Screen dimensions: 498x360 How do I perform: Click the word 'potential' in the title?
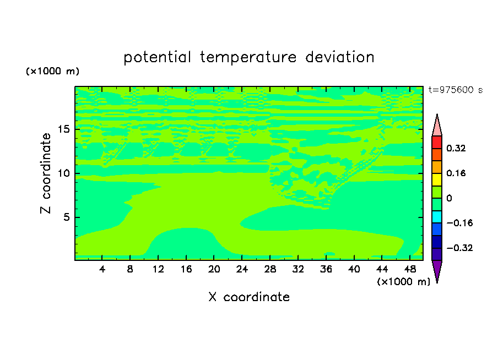coord(157,57)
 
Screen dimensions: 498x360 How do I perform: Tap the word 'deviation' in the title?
coord(340,57)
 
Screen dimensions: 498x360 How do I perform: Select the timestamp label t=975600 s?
coord(456,90)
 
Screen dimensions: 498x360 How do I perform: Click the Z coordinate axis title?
coord(45,173)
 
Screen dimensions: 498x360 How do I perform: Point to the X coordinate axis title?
coord(249,297)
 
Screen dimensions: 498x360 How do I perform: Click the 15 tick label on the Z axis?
coord(64,129)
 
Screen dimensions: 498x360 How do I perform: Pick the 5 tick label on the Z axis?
coord(67,217)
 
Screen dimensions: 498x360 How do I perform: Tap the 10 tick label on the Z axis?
coord(64,173)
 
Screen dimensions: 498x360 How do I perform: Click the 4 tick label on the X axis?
coord(102,269)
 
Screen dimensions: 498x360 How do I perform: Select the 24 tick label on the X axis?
coord(242,269)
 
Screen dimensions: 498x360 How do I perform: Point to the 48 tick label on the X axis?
coord(410,269)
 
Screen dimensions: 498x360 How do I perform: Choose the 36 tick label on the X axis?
coord(326,269)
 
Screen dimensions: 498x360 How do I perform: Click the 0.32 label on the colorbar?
coord(456,148)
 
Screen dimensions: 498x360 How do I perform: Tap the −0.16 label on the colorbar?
coord(459,223)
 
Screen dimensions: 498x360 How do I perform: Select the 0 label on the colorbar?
coord(449,198)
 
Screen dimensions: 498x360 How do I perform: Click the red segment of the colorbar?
coord(437,142)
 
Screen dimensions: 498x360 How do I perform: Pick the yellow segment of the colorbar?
coord(437,179)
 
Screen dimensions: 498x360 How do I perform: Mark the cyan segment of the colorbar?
coord(437,217)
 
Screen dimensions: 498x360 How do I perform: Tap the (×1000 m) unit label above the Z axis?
coord(53,71)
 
